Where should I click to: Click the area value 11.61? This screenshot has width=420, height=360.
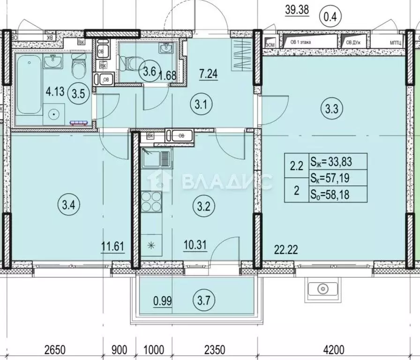tap(112, 245)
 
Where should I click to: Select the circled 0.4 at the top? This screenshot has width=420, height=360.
tap(331, 17)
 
